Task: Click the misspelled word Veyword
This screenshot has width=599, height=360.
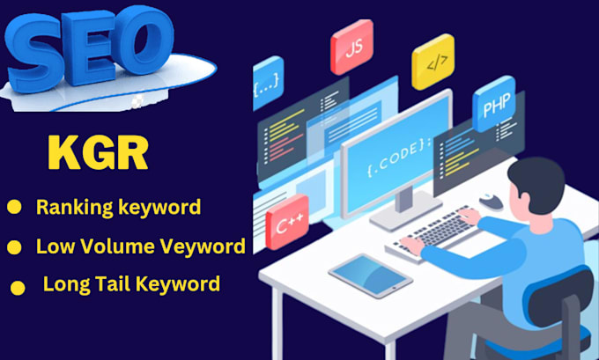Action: coord(207,246)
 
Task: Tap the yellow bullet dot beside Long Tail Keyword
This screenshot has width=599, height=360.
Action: coord(17,287)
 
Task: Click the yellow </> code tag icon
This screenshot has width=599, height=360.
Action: coord(433,63)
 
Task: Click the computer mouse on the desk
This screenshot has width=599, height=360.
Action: coord(492,202)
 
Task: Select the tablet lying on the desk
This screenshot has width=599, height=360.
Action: coord(370,276)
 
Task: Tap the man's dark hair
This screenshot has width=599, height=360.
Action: coord(538,176)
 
